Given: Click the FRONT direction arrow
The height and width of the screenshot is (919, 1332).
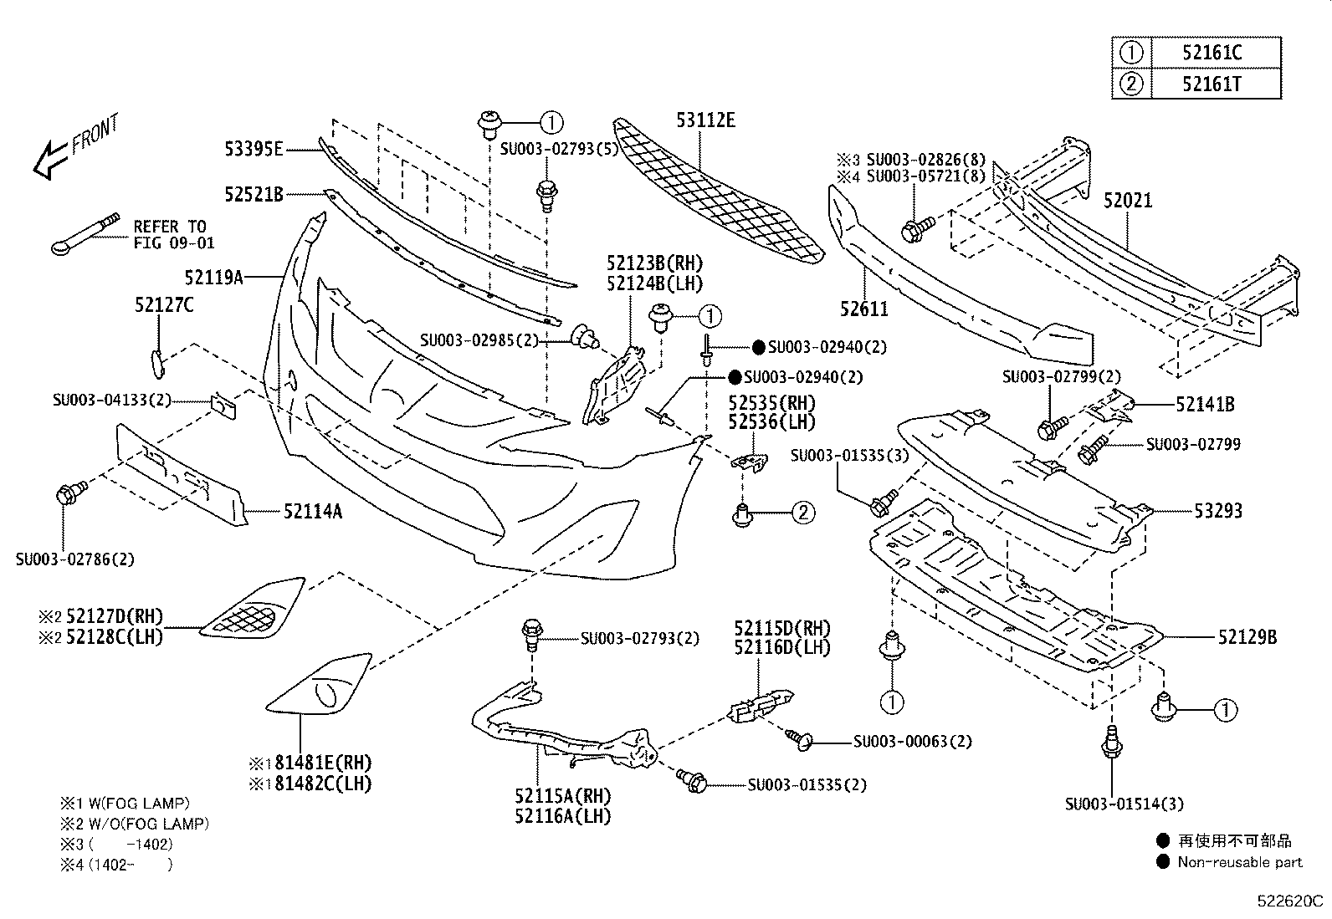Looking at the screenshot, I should pos(50,159).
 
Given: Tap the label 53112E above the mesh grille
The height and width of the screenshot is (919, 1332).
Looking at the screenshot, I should pos(705,120).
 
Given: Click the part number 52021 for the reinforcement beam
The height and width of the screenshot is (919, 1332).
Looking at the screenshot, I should pos(1127,201).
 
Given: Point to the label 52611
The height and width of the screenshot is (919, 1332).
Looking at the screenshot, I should pos(864,309).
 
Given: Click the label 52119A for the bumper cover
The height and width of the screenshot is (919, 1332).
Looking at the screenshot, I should pos(213,276).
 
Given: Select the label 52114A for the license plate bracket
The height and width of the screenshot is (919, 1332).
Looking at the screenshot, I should pos(312,511).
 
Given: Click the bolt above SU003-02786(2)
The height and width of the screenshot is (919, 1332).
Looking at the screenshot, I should pos(67,493).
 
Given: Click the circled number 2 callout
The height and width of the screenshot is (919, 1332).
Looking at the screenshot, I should pos(802,512).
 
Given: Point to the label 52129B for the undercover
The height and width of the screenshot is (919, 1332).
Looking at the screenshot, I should pos(1247,637).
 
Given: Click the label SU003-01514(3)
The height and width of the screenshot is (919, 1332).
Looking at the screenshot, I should pos(1124,804).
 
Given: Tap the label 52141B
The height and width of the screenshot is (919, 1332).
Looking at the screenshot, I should pos(1205,405).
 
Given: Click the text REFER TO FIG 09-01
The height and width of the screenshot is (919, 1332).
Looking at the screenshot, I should pos(174,235).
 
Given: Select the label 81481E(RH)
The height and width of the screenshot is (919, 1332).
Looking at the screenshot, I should pos(318,763).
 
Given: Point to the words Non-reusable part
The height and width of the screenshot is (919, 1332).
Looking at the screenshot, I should pos(1240,862).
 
